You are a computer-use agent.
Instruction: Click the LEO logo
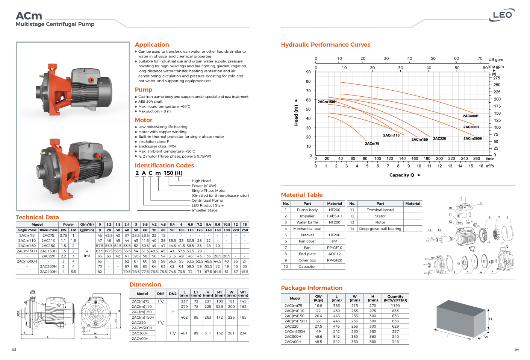point(503,15)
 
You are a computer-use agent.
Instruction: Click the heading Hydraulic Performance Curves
point(326,45)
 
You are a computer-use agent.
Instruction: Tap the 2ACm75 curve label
point(372,143)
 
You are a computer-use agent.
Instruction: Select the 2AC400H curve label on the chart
point(470,116)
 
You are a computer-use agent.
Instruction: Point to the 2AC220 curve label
point(439,138)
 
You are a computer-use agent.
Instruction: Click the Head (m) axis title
point(296,115)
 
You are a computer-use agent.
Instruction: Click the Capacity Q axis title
point(402,175)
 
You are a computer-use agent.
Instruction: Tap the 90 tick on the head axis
point(308,72)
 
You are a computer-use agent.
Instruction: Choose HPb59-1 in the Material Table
point(334,216)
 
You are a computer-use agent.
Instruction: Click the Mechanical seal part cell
point(307,229)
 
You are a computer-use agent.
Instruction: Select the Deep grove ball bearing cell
point(380,229)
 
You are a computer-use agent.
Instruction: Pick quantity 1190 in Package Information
point(395,305)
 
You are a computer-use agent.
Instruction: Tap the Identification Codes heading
point(164,166)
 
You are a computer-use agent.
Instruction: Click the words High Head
point(201,181)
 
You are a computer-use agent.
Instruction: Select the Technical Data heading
point(37,217)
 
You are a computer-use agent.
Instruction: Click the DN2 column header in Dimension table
point(173,294)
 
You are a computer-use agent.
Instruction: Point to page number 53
point(14,349)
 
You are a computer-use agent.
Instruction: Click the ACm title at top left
point(29,16)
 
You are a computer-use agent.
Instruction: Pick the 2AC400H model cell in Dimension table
point(140,339)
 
